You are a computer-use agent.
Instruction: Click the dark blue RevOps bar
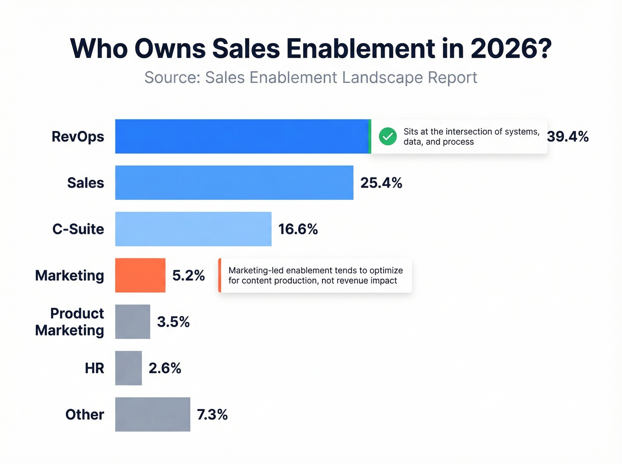tap(242, 136)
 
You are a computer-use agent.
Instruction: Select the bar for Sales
tap(234, 182)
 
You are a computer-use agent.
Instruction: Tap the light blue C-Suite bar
tap(193, 229)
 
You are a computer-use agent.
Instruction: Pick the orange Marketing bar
tap(140, 275)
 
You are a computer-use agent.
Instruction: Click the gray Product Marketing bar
tap(132, 321)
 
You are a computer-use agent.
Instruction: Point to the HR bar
tap(128, 368)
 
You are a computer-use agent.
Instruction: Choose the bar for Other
tap(152, 414)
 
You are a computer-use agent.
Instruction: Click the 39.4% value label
tap(568, 137)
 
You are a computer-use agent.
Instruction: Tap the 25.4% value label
tap(381, 183)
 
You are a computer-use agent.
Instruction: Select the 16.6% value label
tap(298, 229)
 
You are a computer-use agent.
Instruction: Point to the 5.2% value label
tap(188, 276)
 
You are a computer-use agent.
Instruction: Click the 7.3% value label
tap(212, 415)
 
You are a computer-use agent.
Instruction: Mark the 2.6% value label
tap(165, 368)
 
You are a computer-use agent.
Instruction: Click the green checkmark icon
tap(388, 136)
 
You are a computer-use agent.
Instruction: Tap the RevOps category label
tap(78, 137)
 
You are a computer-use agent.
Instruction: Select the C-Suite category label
tap(78, 229)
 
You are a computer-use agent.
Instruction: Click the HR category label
tap(94, 368)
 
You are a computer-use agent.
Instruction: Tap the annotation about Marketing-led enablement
tap(315, 275)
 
